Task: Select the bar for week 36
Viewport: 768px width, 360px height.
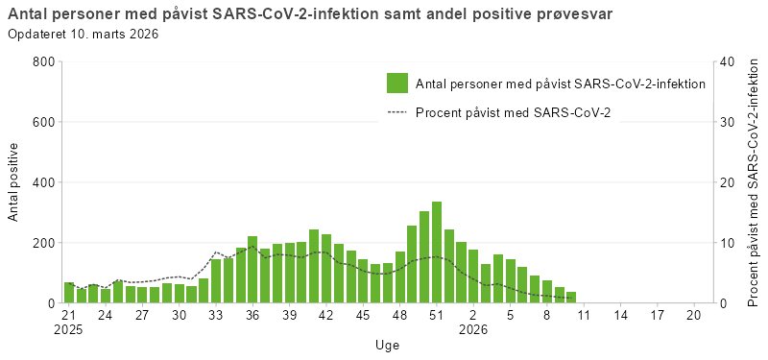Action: [x=252, y=270]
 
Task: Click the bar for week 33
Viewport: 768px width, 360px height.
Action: [x=216, y=281]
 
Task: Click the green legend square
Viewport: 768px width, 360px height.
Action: [x=397, y=84]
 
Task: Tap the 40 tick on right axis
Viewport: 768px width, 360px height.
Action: [x=728, y=62]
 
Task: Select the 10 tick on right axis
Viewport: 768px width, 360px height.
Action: [x=728, y=243]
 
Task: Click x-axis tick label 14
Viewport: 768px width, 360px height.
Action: [x=620, y=315]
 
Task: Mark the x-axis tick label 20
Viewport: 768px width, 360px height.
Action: [x=694, y=315]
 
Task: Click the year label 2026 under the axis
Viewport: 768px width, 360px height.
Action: [x=473, y=329]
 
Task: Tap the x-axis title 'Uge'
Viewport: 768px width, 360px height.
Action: [x=388, y=345]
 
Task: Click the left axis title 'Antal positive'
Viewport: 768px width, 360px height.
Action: [x=13, y=182]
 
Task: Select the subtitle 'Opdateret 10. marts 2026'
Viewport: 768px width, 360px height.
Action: [x=84, y=35]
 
